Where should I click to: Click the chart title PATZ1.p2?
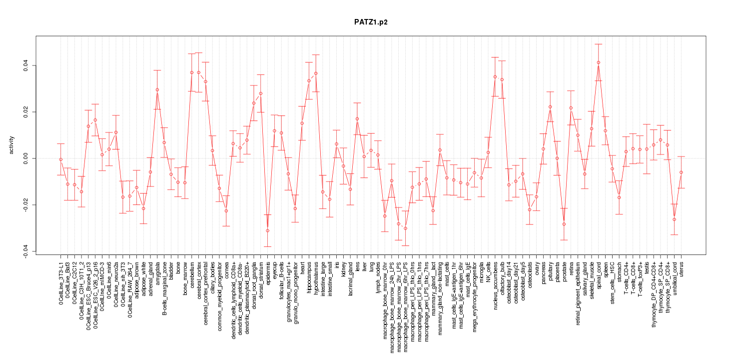point(370,22)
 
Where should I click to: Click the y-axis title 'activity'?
point(11,145)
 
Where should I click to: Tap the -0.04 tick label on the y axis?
point(24,251)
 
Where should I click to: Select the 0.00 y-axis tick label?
point(24,158)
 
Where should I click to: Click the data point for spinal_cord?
point(599,62)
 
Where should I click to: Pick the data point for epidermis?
point(268,230)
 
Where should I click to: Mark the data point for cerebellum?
point(192,72)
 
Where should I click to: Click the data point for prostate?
point(564,224)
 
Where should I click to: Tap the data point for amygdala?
point(157,90)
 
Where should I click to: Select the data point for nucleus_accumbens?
point(495,77)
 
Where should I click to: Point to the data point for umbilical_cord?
point(674,219)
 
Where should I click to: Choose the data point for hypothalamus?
point(316,73)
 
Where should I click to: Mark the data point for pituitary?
point(550,107)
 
